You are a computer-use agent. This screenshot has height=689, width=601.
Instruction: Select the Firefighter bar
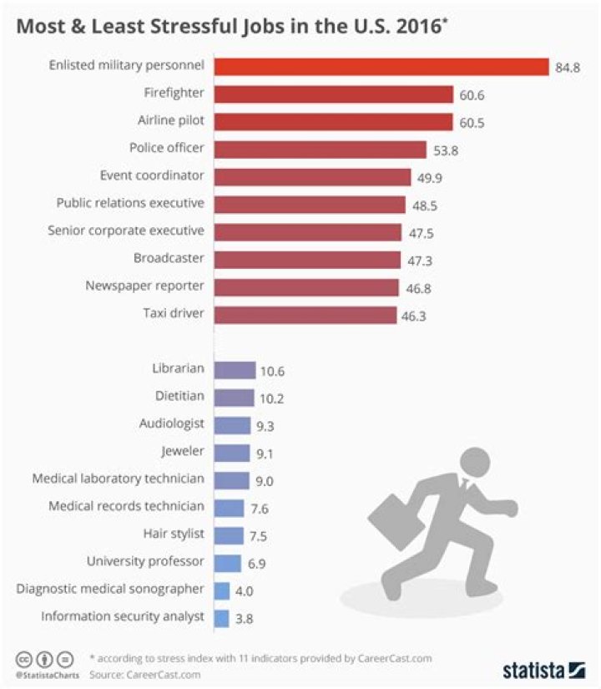pos(333,94)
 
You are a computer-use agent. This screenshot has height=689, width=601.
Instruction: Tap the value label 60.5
pos(472,123)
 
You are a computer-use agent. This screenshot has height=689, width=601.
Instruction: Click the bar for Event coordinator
pos(312,177)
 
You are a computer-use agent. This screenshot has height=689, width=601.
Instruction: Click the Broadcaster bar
pos(307,260)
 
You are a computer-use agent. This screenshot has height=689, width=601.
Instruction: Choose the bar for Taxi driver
pos(305,315)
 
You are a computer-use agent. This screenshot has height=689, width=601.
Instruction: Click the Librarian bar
pos(235,370)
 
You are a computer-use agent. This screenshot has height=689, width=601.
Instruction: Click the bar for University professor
pos(227,563)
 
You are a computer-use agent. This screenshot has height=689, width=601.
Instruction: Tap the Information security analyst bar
pos(221,618)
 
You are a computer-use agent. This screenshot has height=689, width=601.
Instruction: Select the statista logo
pos(543,670)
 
